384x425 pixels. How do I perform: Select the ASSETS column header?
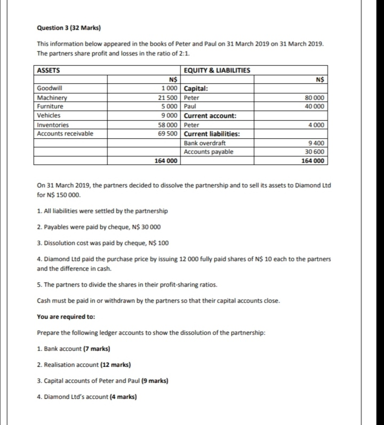pyautogui.click(x=49, y=70)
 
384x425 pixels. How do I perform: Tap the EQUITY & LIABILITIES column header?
pyautogui.click(x=217, y=70)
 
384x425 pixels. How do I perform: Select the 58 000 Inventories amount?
pyautogui.click(x=168, y=125)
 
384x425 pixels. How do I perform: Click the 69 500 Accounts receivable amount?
pyautogui.click(x=168, y=133)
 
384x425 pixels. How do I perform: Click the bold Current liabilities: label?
pyautogui.click(x=212, y=133)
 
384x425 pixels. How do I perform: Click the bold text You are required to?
pyautogui.click(x=66, y=317)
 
